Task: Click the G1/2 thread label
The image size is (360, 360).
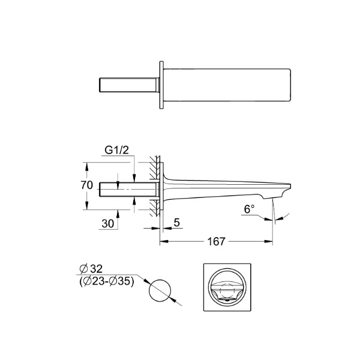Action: coord(116,151)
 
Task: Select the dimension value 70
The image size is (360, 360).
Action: coord(87,185)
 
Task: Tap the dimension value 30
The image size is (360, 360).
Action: coord(108,224)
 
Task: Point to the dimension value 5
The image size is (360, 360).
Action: coord(177,223)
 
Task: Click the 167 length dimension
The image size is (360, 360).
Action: coord(216,242)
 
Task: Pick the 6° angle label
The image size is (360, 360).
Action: coord(250,209)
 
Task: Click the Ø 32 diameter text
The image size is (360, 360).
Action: coord(91,269)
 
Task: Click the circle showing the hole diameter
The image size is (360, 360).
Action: coord(160,280)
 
